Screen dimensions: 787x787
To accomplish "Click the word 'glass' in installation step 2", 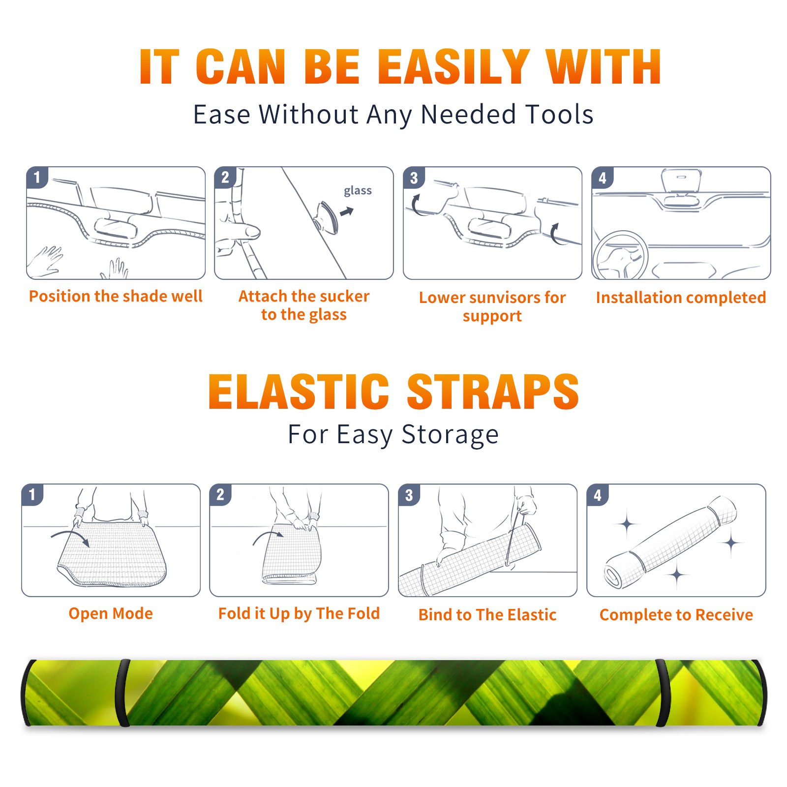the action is (x=358, y=191).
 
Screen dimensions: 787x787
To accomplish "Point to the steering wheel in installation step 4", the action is (x=620, y=255).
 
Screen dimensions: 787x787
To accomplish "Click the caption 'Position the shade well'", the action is (x=116, y=296).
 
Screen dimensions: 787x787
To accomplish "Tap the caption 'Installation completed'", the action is (x=681, y=297).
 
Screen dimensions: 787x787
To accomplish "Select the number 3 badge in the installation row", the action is (x=413, y=178).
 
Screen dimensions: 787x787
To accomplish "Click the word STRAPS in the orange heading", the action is (x=493, y=392).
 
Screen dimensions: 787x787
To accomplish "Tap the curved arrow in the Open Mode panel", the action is (x=71, y=537).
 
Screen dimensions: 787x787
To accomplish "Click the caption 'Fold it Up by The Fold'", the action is (x=299, y=613).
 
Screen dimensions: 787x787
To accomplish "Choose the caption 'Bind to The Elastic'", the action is (x=487, y=615).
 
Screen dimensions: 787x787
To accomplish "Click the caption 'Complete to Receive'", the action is (x=676, y=615).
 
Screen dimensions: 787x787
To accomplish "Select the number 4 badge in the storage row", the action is (x=597, y=495).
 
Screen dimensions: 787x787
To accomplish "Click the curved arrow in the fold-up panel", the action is (x=268, y=536).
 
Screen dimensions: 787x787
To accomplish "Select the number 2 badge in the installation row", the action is (x=225, y=178).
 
